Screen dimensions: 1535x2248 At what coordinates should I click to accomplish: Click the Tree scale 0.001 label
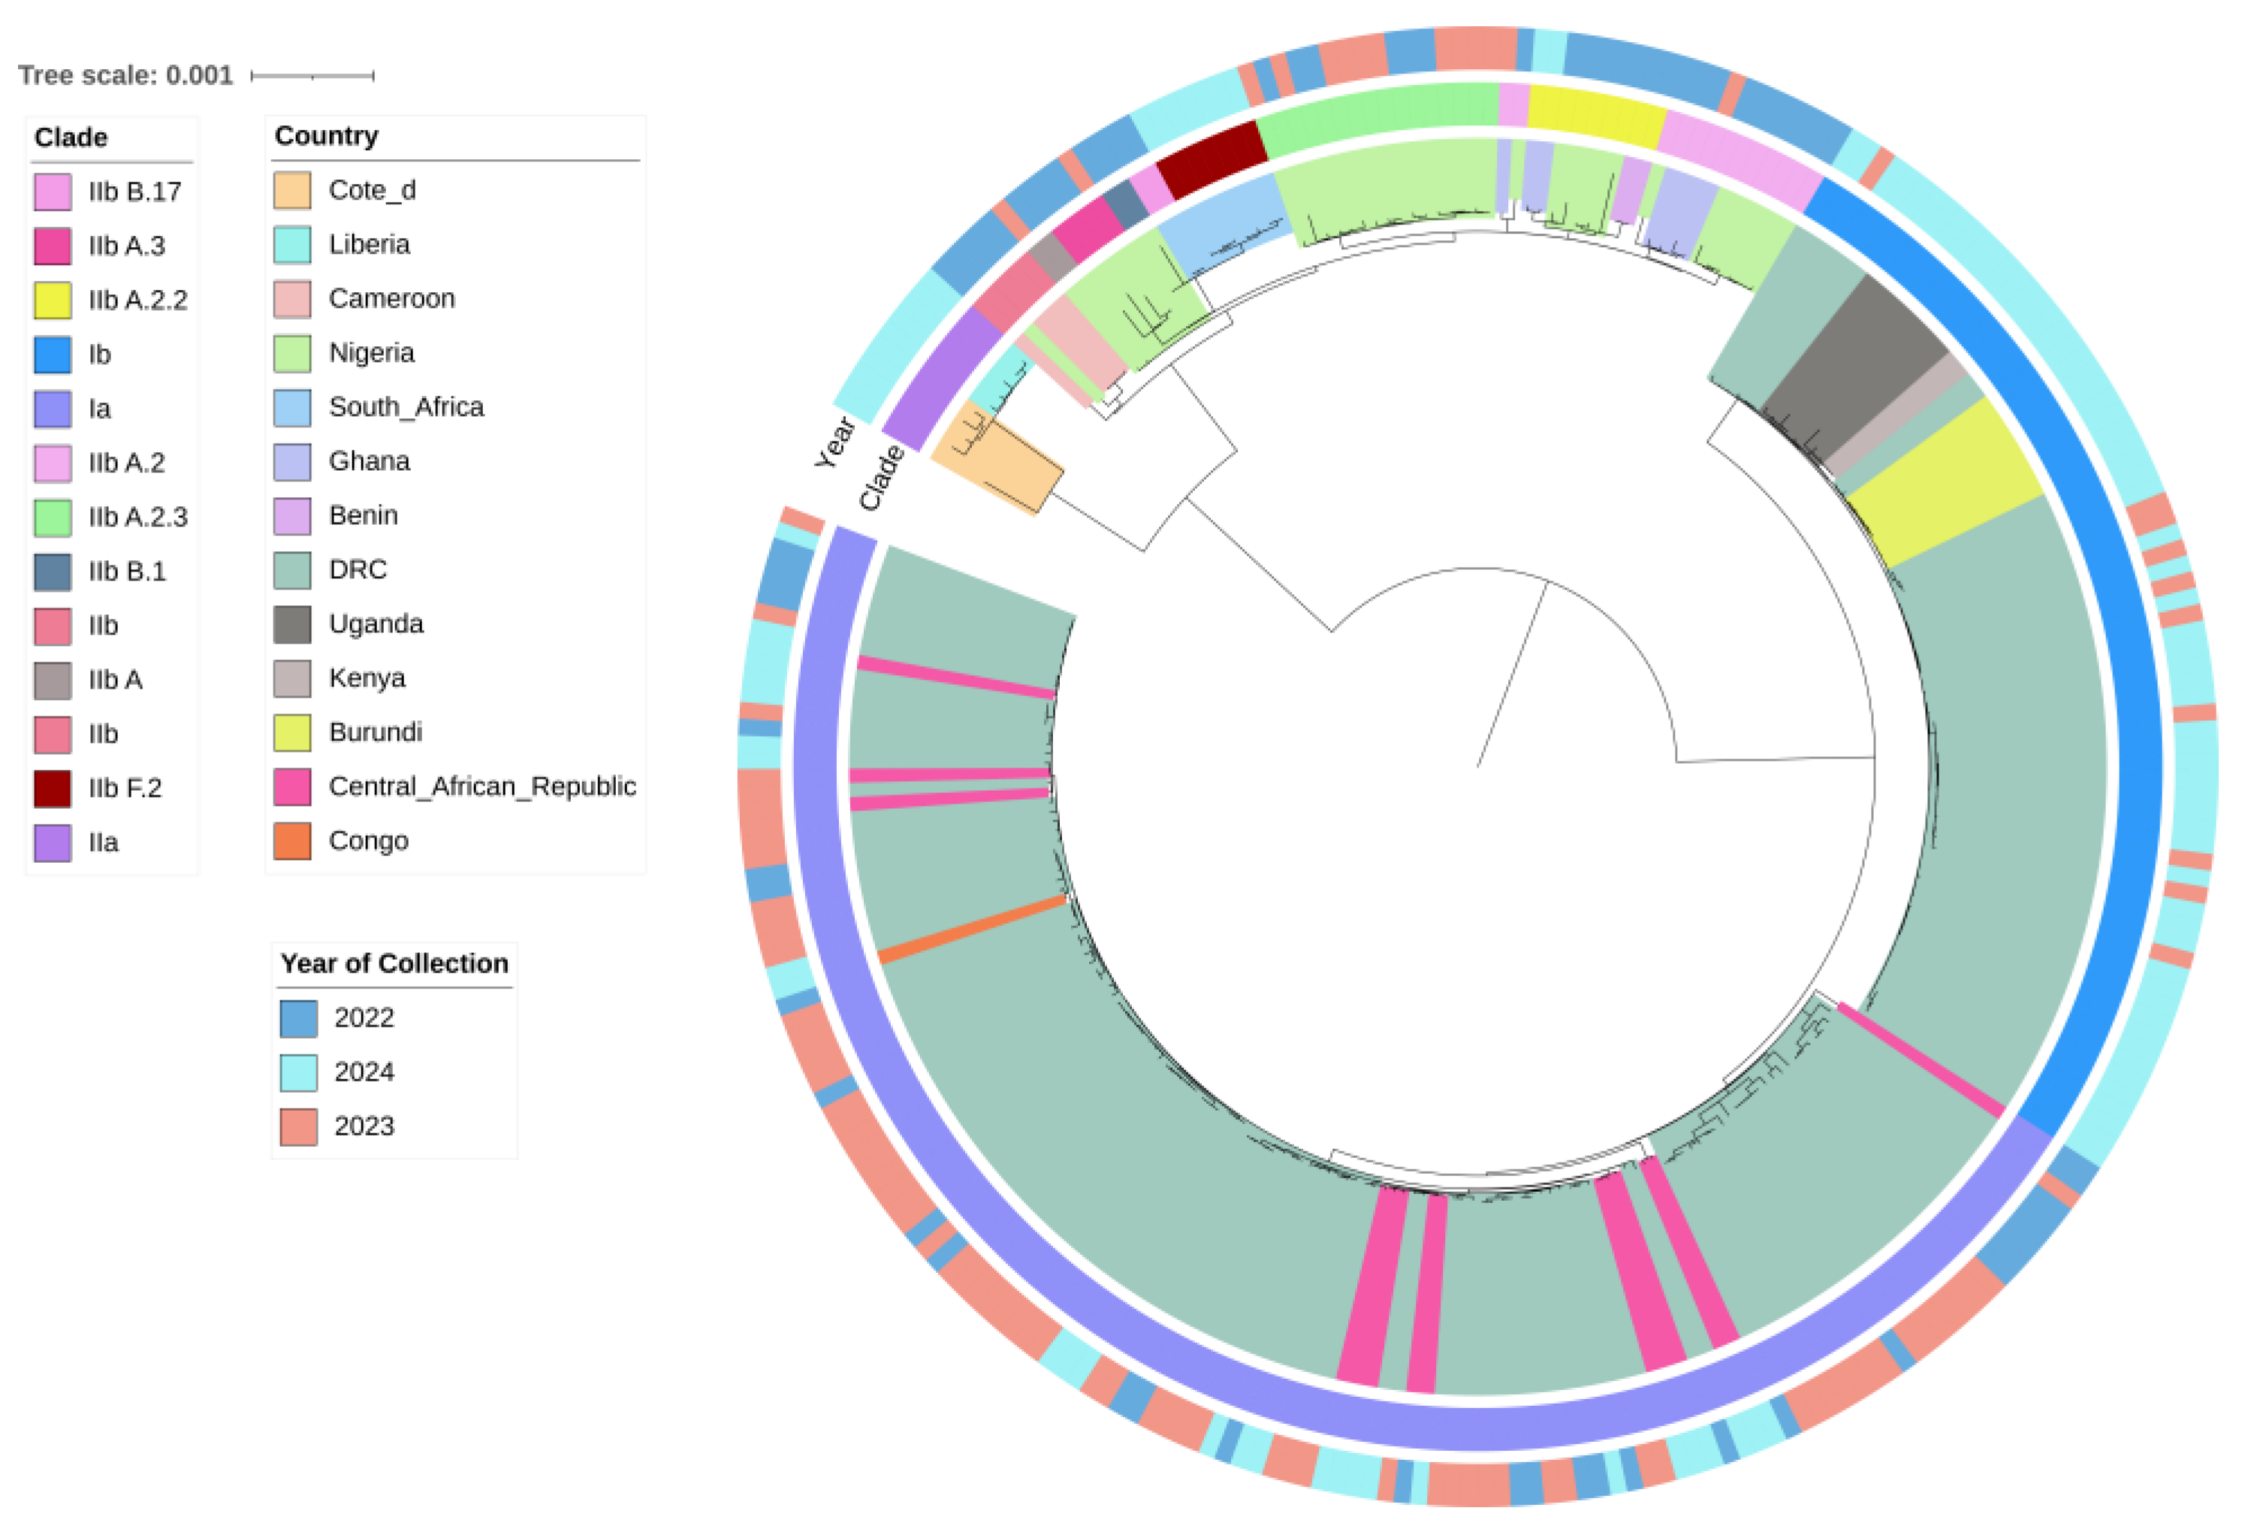pos(125,75)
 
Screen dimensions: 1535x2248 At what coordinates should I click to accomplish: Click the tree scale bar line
pos(312,75)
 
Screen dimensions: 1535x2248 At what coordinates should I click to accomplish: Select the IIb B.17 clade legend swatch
pos(53,191)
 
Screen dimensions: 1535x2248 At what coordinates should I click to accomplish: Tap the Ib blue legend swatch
pos(53,354)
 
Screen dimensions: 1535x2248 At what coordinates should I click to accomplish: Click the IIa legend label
pos(104,843)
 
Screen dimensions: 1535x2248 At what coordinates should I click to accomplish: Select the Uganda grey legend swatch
pos(292,624)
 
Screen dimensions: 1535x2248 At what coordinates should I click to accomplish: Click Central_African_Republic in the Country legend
pos(481,786)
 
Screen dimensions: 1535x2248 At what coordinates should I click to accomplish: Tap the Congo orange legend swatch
pos(292,840)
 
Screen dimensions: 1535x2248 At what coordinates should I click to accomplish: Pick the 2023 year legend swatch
pos(299,1126)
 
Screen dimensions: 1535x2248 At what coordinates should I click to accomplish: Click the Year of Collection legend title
pos(394,964)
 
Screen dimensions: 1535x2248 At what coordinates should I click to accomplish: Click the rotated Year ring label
pos(834,442)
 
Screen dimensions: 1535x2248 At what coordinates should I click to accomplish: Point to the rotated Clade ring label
pos(881,477)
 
